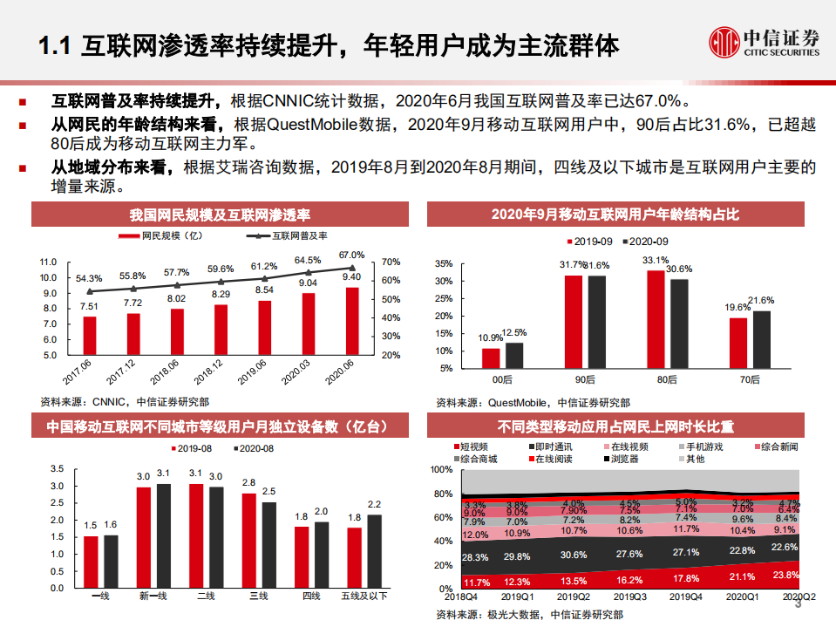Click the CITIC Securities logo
[765, 41]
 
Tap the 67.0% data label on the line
[352, 254]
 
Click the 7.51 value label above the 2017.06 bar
[89, 306]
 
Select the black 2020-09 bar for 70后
[763, 339]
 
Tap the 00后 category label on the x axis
[502, 380]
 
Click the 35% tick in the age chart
[442, 263]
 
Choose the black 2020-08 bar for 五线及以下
[375, 550]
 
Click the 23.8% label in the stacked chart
[787, 575]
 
